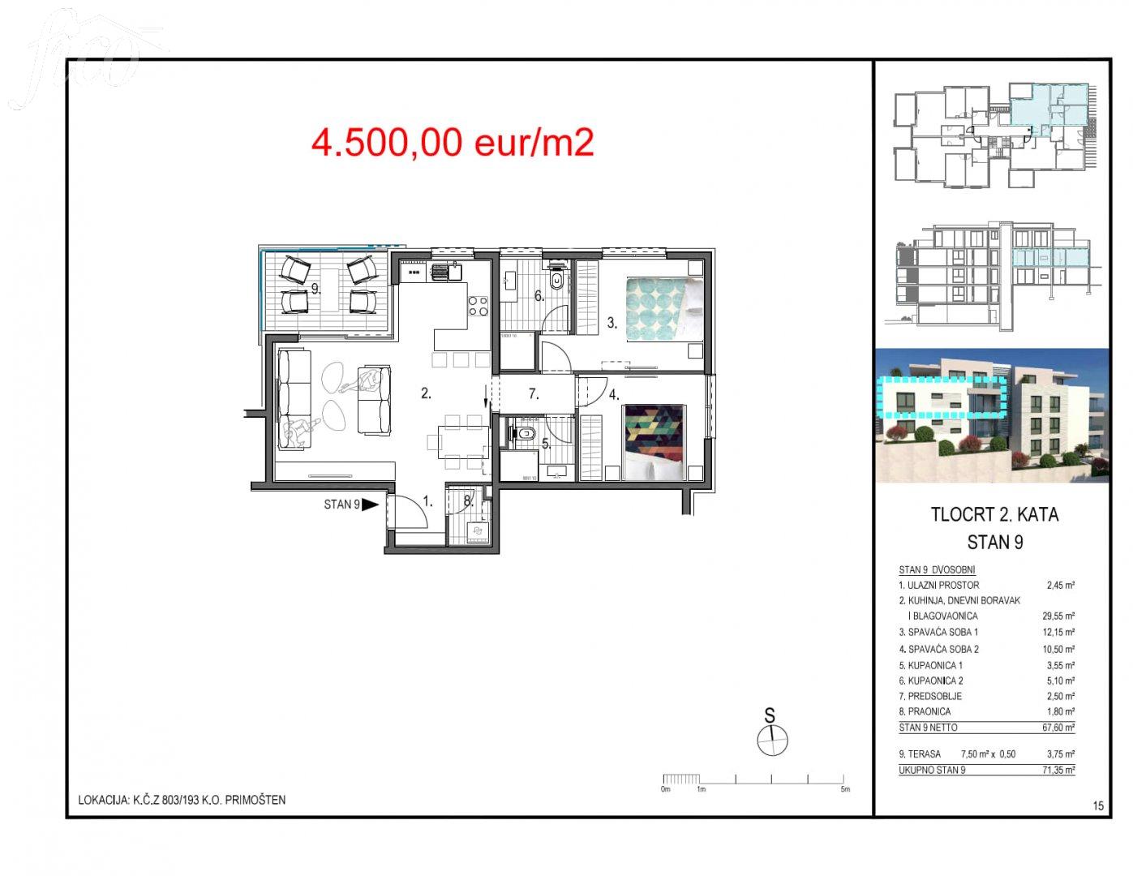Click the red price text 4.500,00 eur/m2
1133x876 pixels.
click(453, 143)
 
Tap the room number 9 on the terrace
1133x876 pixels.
click(315, 289)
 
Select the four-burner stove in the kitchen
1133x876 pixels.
click(479, 306)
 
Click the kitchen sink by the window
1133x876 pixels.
click(446, 272)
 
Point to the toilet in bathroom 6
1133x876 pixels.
click(557, 279)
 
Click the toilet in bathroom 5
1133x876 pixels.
click(524, 432)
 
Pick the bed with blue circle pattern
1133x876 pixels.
click(663, 309)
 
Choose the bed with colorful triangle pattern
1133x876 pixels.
click(654, 441)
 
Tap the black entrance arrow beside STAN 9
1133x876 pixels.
click(370, 505)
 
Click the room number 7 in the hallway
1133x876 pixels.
click(534, 393)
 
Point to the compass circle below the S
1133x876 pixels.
click(772, 740)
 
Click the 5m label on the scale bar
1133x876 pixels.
click(845, 789)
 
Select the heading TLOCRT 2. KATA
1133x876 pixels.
click(995, 514)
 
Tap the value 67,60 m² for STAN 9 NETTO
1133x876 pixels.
click(1058, 727)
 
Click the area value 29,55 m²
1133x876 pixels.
click(1058, 616)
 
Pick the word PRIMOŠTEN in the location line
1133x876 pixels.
click(255, 800)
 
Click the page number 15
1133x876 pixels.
click(1098, 806)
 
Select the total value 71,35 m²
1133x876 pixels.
click(1058, 770)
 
